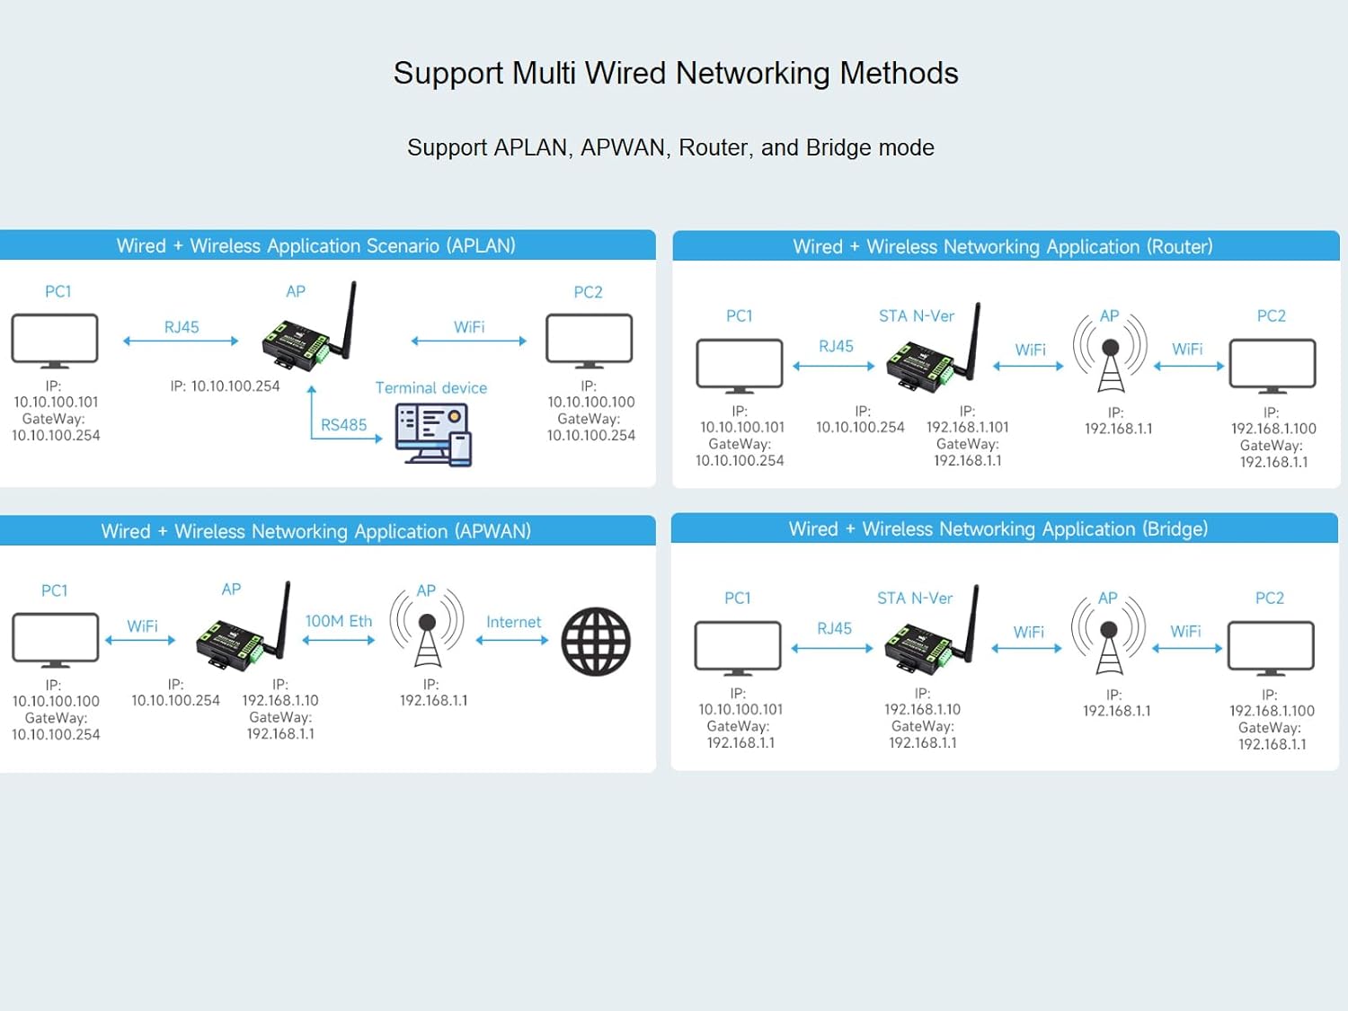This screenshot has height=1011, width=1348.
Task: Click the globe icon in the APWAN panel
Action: pos(596,642)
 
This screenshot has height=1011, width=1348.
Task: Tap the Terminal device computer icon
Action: pos(434,434)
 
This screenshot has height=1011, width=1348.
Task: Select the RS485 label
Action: pos(343,425)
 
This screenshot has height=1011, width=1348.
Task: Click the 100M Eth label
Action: pos(339,621)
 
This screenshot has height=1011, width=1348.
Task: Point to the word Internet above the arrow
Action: pos(513,622)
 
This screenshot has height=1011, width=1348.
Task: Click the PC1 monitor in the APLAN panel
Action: pos(55,341)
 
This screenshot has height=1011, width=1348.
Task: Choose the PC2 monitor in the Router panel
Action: pos(1273,366)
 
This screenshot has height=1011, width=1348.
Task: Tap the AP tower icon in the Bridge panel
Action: pos(1109,634)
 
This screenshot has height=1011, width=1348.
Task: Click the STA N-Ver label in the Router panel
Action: pos(916,316)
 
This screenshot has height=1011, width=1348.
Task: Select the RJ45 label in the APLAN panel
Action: pos(182,327)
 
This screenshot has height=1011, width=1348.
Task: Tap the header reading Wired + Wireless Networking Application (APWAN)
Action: pos(315,531)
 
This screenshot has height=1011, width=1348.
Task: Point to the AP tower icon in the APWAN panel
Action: pos(427,626)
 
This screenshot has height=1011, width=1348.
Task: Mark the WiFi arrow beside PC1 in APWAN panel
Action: pos(140,640)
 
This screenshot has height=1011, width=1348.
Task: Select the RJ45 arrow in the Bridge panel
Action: pos(832,648)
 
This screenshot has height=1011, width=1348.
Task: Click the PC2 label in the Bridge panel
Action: pos(1269,599)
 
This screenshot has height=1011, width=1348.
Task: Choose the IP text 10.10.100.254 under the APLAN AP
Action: pos(225,386)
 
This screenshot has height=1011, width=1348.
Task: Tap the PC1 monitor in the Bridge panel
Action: pos(738,647)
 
